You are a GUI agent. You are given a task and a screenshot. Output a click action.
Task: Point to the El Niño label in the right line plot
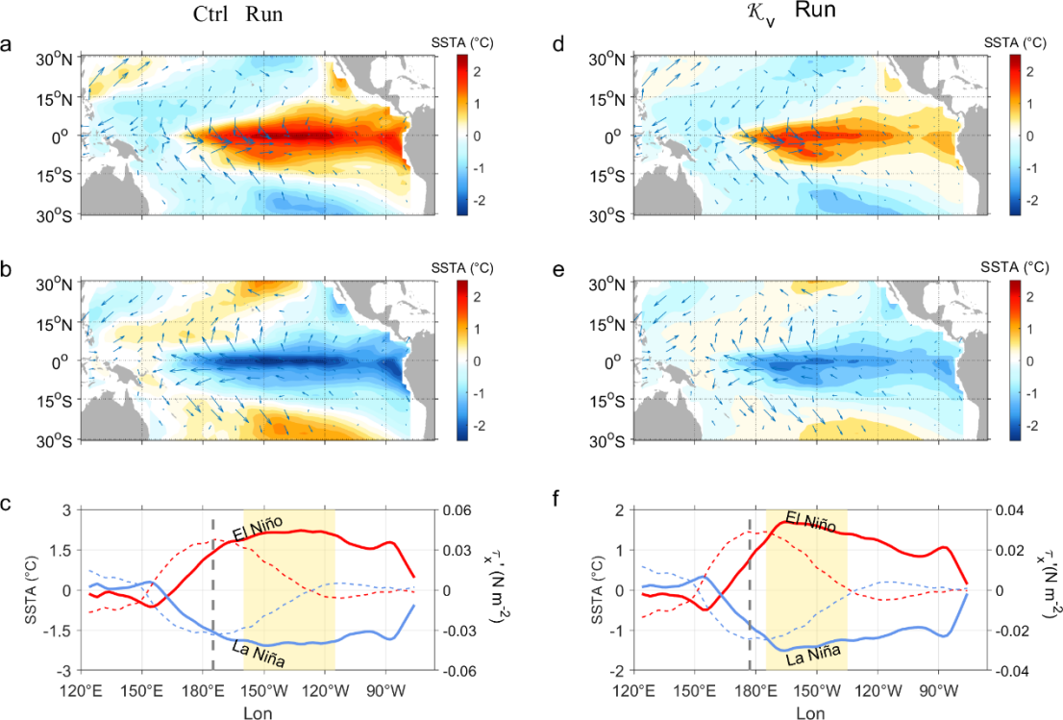pos(810,522)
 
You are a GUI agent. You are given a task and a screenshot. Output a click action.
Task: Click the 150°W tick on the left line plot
pos(264,689)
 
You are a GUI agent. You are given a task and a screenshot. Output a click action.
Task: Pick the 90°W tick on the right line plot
pos(938,689)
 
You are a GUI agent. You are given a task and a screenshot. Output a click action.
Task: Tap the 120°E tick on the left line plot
pos(82,689)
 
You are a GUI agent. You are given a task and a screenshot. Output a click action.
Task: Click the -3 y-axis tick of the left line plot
pos(63,670)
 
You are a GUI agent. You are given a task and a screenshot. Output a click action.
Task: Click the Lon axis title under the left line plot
pos(257,712)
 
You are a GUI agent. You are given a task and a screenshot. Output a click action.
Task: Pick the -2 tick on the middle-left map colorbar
pos(476,425)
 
